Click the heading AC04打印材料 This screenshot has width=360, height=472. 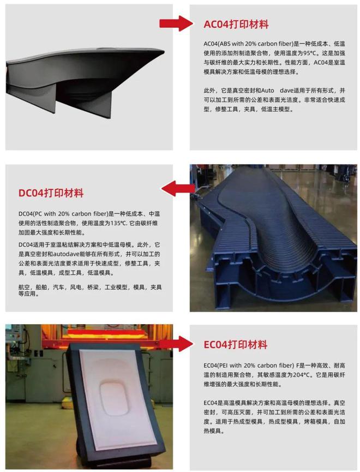coord(236,25)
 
